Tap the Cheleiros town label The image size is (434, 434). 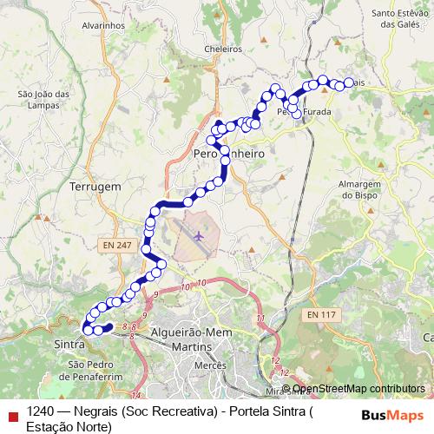coord(222,49)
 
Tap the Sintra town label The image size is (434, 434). coord(69,345)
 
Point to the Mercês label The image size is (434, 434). coord(210,367)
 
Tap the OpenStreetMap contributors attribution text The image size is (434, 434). coord(358,388)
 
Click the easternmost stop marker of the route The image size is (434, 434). coord(349,82)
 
